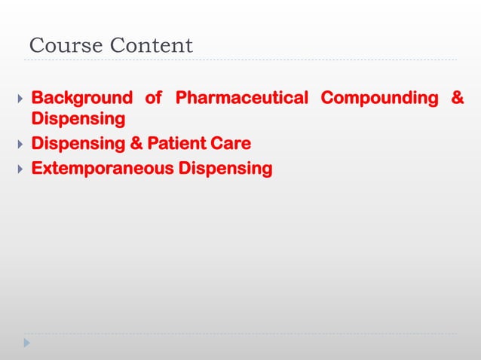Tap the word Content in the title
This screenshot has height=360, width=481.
[152, 46]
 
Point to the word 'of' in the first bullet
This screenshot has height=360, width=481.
[154, 98]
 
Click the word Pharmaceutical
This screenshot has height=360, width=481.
[241, 98]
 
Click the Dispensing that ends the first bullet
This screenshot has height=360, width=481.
[78, 120]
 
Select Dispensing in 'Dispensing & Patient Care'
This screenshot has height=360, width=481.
[78, 143]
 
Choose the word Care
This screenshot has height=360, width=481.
[232, 143]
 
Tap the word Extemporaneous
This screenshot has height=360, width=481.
[102, 167]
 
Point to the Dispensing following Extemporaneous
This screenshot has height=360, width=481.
[225, 167]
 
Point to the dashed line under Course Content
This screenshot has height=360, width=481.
[241, 59]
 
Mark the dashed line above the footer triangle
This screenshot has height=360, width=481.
[241, 334]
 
